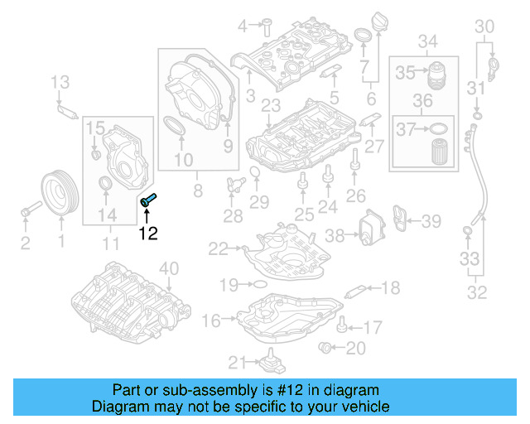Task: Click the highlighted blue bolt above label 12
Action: [150, 200]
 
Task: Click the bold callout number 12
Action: [148, 234]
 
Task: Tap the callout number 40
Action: [168, 267]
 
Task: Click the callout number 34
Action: [427, 41]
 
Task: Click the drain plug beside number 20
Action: [326, 346]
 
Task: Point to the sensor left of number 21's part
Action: [268, 363]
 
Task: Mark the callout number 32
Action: [478, 291]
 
